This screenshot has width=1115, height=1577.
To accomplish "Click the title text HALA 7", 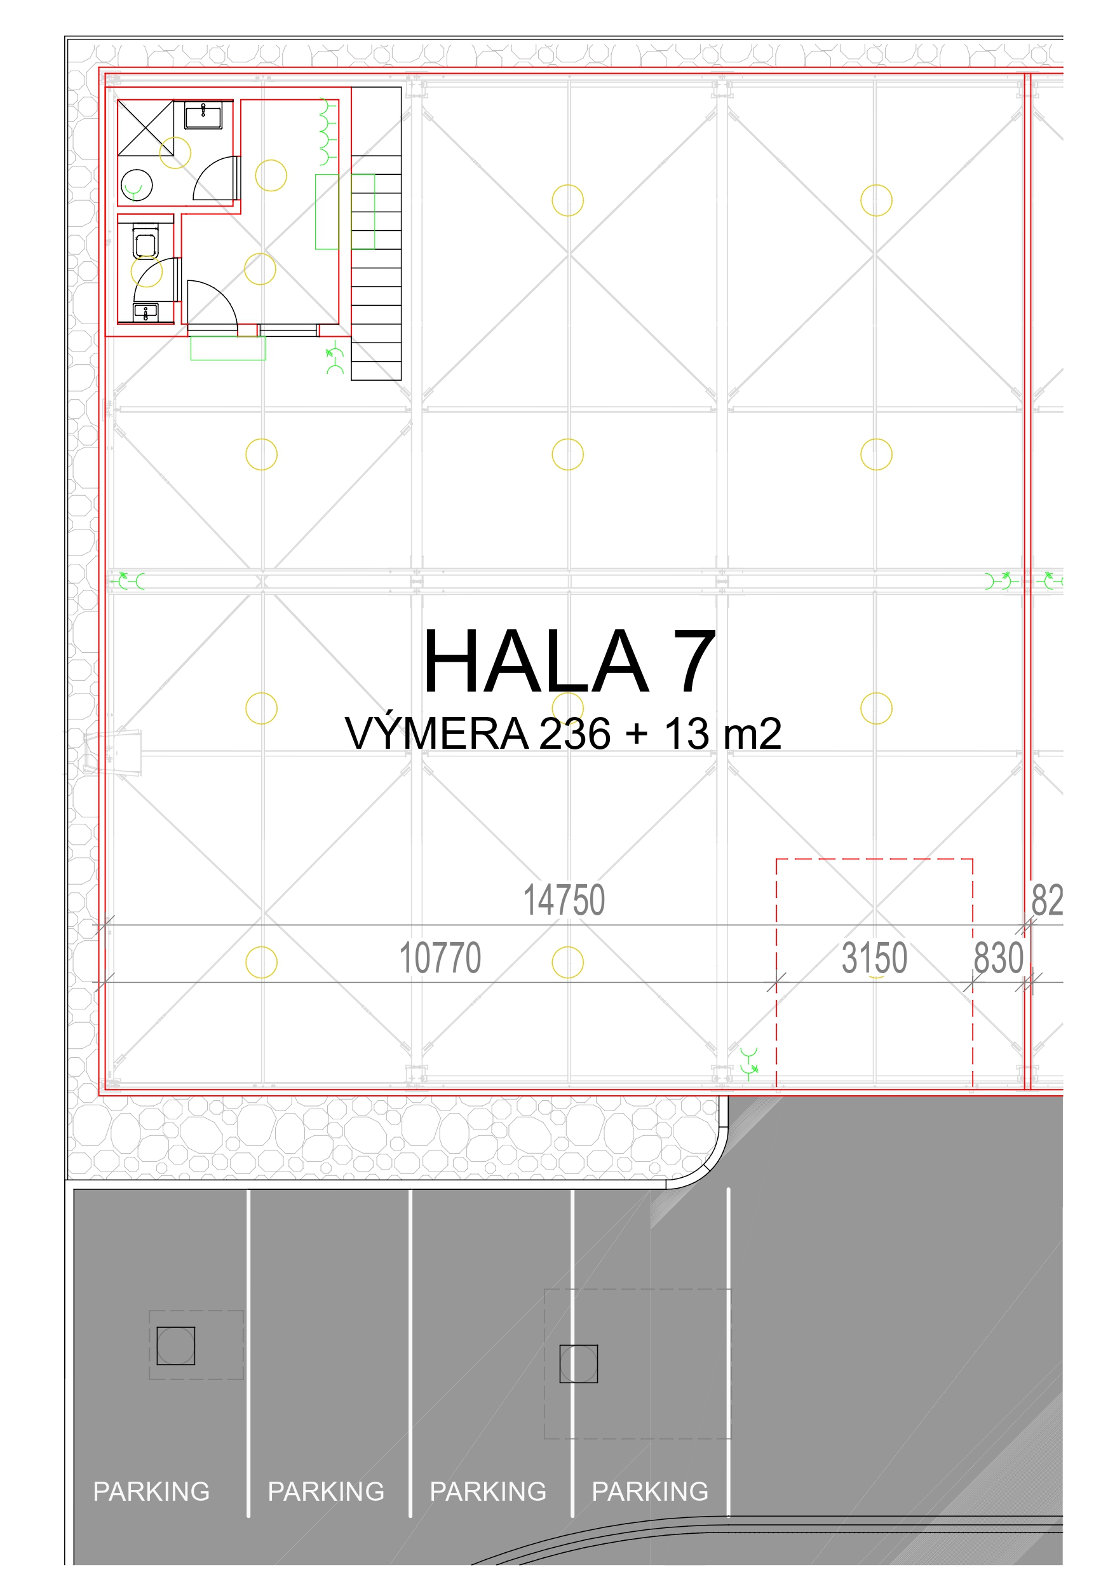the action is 569,662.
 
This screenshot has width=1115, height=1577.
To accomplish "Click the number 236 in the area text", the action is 575,734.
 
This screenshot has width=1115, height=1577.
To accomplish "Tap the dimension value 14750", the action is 564,900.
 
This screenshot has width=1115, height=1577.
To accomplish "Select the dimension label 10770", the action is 440,957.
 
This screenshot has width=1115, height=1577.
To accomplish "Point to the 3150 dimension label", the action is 874,957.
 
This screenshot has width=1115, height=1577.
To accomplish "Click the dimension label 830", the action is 998,957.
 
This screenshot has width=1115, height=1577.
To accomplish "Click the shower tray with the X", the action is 145,128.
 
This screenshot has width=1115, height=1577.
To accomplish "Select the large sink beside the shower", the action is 203,116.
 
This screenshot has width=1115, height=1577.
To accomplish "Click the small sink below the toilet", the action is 145,313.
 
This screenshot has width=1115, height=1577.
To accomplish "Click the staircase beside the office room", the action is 376,268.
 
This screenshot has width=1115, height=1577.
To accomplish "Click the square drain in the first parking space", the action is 176,1346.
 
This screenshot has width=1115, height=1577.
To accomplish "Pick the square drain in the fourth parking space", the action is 579,1363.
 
